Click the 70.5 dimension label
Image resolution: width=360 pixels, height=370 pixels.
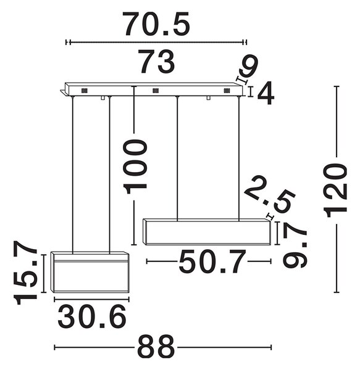pyautogui.click(x=156, y=24)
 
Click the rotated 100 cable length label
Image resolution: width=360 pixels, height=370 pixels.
pyautogui.click(x=135, y=166)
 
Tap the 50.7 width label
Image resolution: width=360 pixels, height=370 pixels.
pyautogui.click(x=212, y=261)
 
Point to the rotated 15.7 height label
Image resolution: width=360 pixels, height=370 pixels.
pyautogui.click(x=25, y=273)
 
